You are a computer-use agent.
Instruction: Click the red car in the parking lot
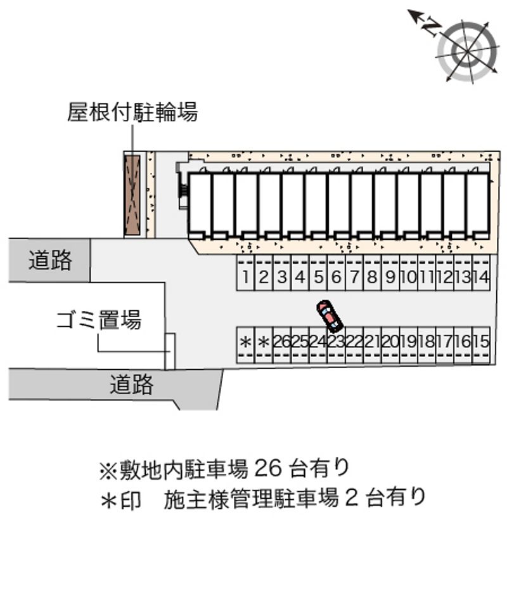(330, 315)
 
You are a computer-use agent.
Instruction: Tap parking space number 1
(245, 273)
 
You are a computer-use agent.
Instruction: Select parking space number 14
(481, 273)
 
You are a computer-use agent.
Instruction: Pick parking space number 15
(481, 345)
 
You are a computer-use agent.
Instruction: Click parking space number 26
(282, 345)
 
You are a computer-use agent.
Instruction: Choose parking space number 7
(354, 273)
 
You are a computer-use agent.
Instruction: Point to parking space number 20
(390, 345)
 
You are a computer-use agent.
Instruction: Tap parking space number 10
(409, 273)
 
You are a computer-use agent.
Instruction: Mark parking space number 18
(427, 345)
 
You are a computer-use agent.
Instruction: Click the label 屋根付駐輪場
(132, 112)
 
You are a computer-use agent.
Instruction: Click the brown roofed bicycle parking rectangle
(132, 195)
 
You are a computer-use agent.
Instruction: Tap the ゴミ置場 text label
(99, 320)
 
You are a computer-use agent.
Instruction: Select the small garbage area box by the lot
(170, 351)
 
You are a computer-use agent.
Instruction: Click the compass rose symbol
(467, 51)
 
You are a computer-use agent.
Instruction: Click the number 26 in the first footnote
(268, 468)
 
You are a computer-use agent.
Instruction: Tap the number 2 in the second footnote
(352, 497)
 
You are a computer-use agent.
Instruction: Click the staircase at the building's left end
(184, 192)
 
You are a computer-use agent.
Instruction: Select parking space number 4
(300, 273)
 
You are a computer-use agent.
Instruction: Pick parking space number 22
(354, 345)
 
